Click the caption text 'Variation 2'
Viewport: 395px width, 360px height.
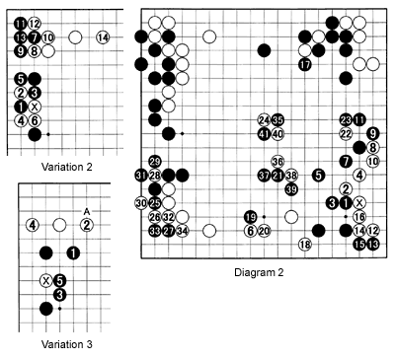coord(60,167)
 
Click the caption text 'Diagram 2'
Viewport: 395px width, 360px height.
coord(261,271)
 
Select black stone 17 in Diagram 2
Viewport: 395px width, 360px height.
coord(304,65)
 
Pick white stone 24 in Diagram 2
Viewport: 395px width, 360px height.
coord(264,120)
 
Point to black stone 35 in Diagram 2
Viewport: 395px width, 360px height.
coord(277,120)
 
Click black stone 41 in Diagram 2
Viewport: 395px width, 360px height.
coord(264,134)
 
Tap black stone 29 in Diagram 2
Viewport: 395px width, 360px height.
coord(155,162)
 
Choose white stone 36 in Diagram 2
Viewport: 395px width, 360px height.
coord(277,162)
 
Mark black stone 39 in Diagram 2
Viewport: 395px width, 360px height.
coord(291,188)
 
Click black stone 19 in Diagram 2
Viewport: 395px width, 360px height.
coord(250,217)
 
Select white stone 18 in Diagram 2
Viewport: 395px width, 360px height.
coord(304,244)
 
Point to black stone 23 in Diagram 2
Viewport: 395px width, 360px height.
coord(346,120)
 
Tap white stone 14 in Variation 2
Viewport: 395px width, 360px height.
coord(103,37)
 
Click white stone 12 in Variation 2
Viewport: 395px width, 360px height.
coord(35,24)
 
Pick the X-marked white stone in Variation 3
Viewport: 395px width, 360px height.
coord(45,280)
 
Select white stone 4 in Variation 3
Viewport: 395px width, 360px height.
coord(32,225)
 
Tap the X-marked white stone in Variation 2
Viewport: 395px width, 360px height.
coord(35,107)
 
